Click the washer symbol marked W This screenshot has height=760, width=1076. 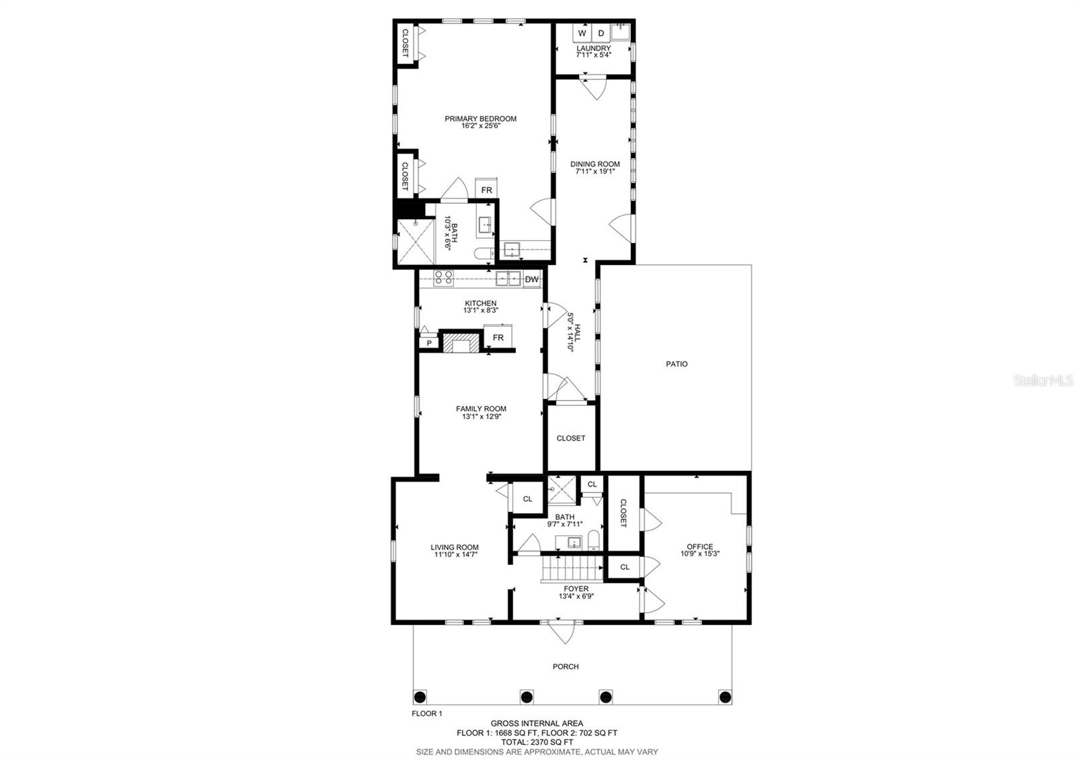click(582, 33)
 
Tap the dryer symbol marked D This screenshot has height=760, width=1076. click(601, 33)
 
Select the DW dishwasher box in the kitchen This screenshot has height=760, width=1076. click(532, 279)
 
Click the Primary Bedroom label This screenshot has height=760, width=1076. click(480, 119)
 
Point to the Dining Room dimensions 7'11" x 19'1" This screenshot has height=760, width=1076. click(594, 172)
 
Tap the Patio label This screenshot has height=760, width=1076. click(677, 364)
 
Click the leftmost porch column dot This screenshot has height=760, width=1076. click(420, 696)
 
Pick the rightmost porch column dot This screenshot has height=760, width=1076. click(725, 696)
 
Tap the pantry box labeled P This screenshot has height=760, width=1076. click(428, 343)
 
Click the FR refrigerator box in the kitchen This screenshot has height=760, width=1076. click(498, 337)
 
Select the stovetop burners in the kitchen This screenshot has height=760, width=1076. click(443, 278)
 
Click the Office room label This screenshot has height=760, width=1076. click(699, 547)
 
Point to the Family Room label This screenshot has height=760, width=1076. click(481, 409)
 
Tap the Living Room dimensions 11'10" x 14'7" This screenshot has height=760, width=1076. click(455, 555)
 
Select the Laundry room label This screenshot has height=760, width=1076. click(593, 48)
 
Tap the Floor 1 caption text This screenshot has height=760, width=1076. click(427, 714)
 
